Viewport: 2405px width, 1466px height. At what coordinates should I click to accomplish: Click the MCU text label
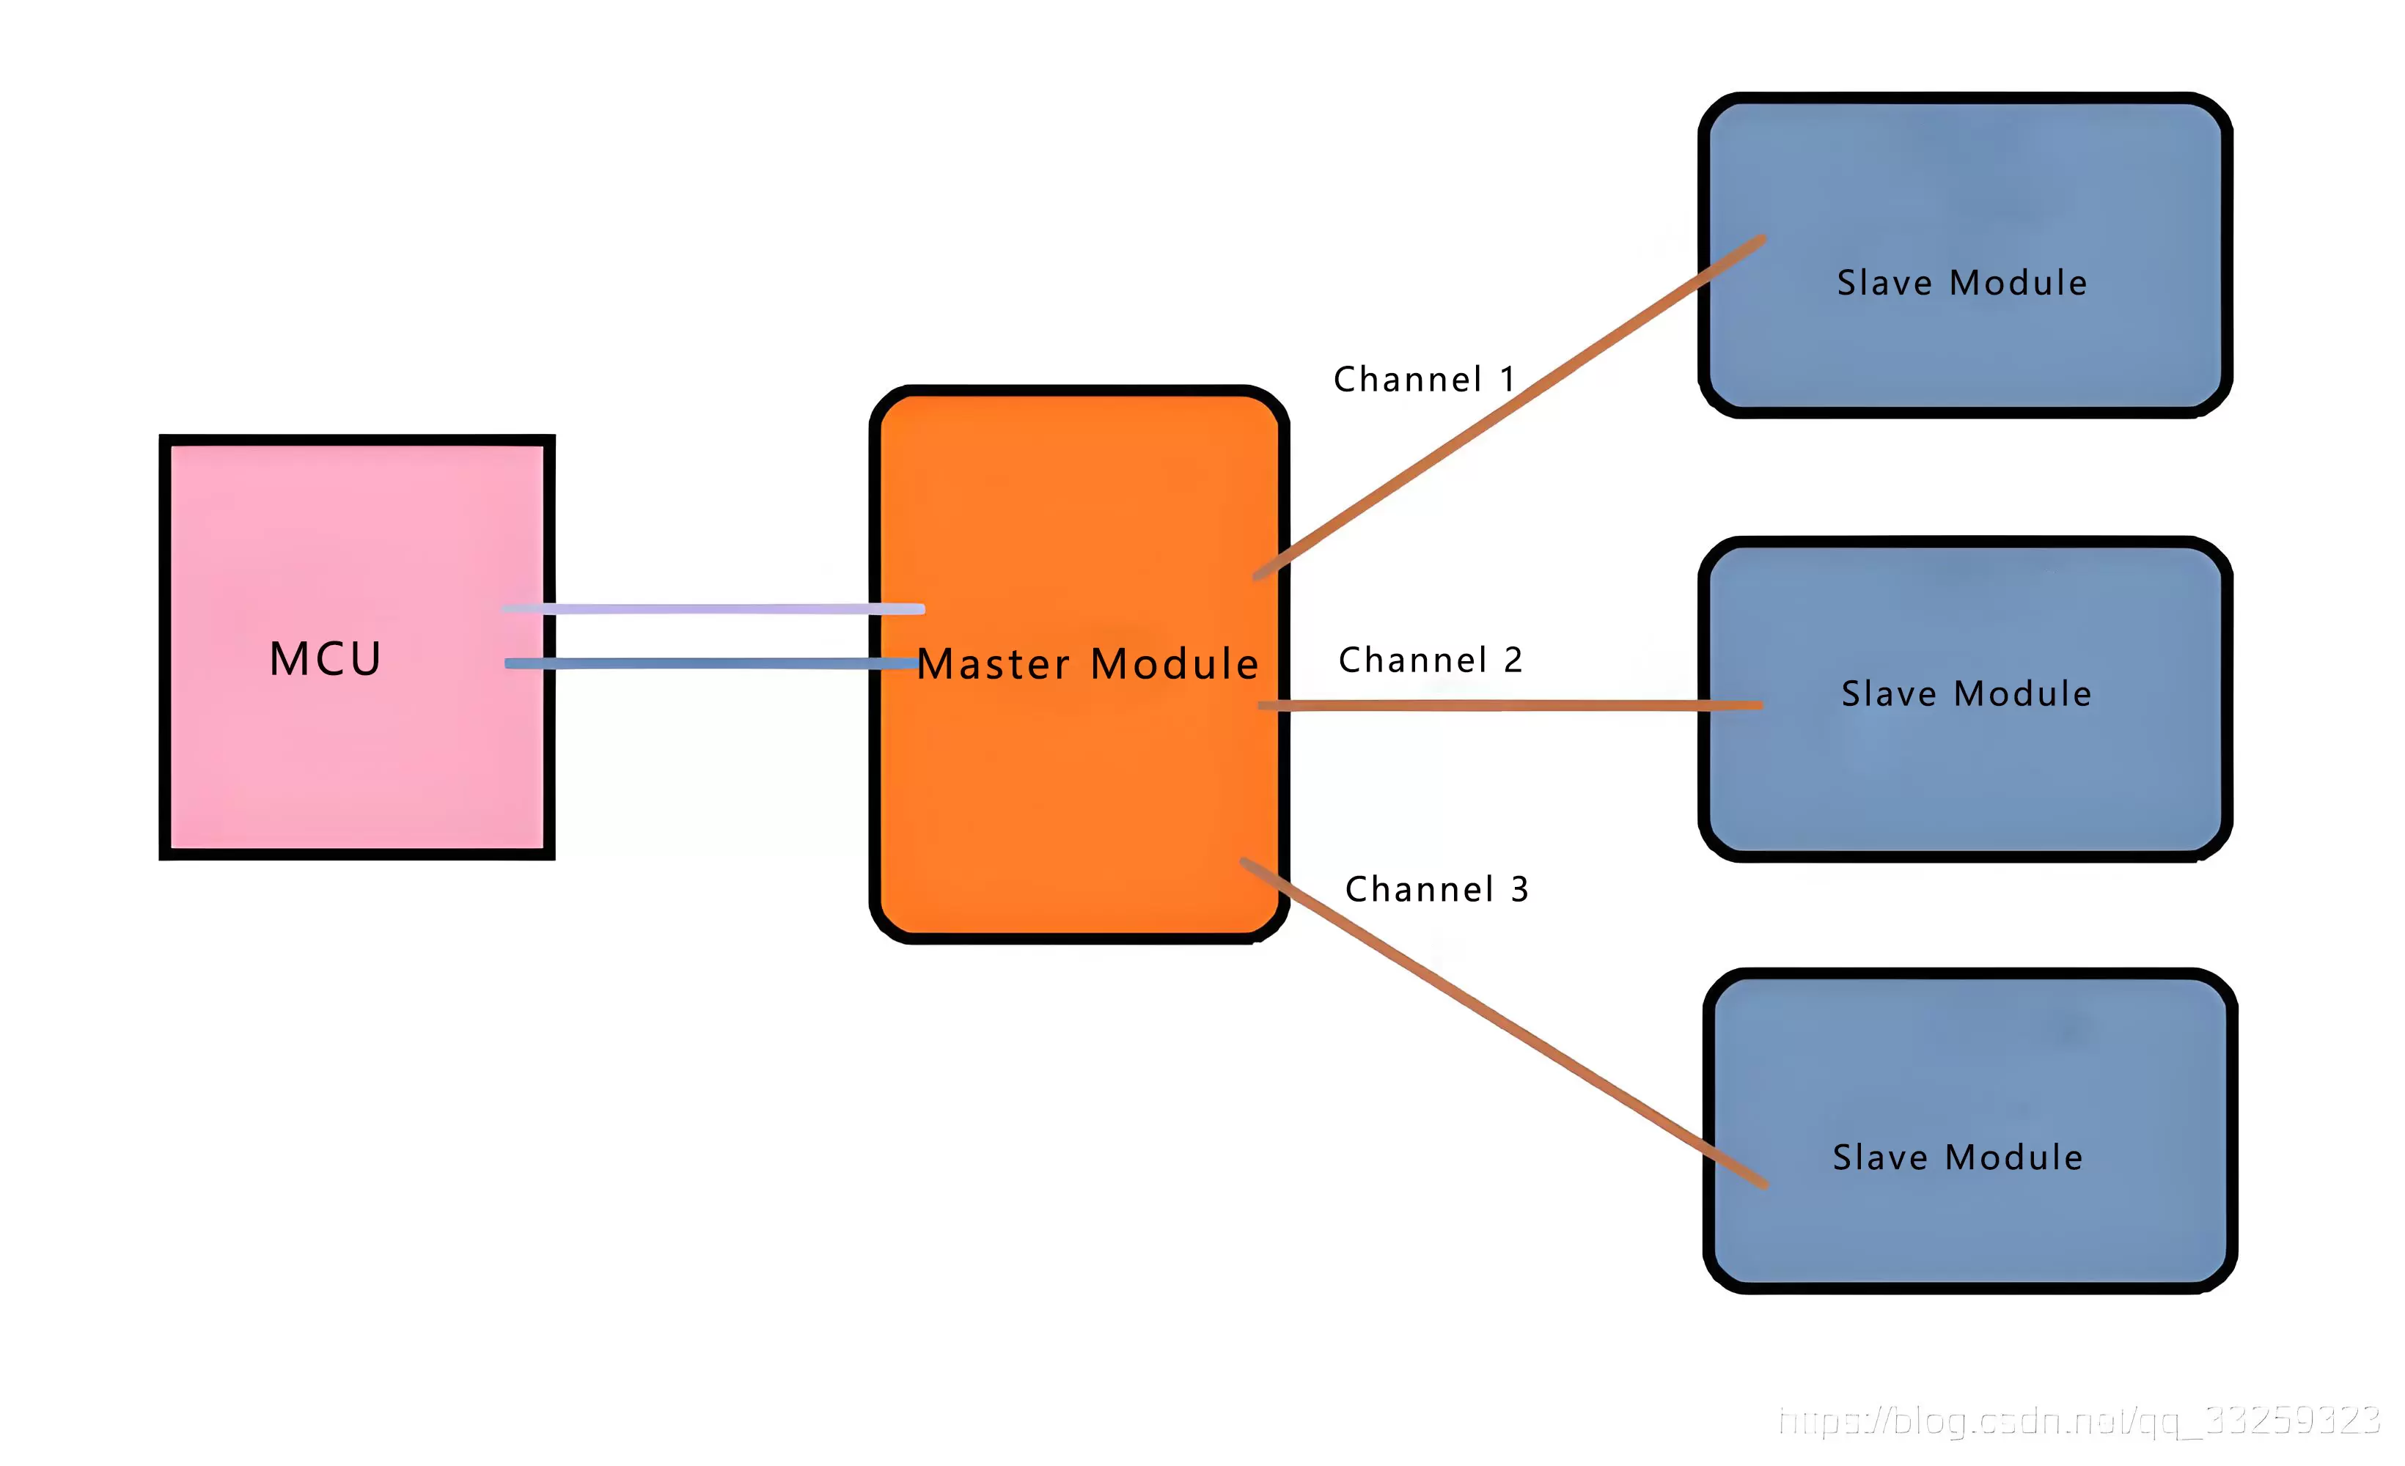point(325,659)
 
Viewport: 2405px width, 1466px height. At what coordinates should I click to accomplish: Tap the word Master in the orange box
point(993,665)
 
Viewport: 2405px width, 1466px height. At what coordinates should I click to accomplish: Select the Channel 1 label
point(1424,379)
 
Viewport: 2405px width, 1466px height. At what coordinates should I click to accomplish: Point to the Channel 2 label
point(1430,660)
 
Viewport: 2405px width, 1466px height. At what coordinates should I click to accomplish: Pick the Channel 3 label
point(1436,889)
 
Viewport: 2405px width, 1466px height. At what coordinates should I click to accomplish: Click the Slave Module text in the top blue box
point(1962,283)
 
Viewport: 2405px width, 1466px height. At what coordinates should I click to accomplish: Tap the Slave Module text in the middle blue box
point(1966,694)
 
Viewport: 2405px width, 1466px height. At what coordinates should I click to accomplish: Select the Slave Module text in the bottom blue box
point(1957,1157)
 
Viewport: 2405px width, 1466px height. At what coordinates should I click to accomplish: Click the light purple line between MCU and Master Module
point(713,609)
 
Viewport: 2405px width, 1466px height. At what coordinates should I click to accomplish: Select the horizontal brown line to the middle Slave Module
point(1508,704)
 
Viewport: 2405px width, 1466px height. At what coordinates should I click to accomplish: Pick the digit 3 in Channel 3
point(1520,889)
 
